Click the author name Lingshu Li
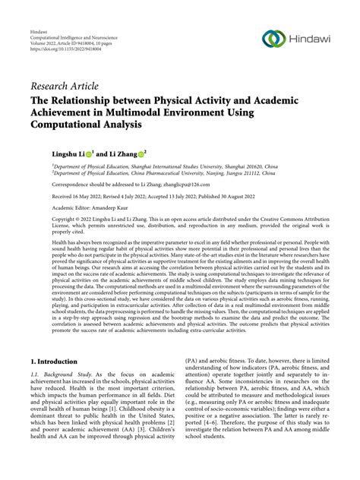[x=73, y=154]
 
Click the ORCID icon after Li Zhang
[x=163, y=154]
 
